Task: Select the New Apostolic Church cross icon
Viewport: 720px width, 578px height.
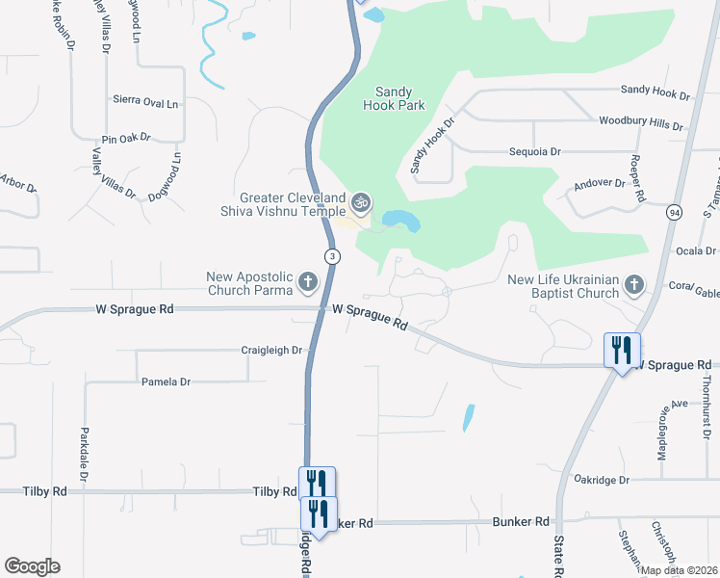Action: (308, 282)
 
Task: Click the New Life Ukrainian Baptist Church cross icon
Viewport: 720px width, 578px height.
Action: (633, 284)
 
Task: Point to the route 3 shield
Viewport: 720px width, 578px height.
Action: (332, 256)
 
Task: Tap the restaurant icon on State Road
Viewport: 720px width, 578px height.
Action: (621, 348)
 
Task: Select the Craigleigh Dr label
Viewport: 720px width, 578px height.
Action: (272, 351)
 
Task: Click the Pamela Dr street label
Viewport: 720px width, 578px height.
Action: (166, 381)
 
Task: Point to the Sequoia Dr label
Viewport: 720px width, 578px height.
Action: (535, 152)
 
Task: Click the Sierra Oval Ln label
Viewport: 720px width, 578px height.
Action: (145, 102)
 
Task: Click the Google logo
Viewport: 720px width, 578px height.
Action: (32, 566)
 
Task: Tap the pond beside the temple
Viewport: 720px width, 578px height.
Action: (401, 223)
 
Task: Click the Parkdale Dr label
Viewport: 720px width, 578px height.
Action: (85, 455)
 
